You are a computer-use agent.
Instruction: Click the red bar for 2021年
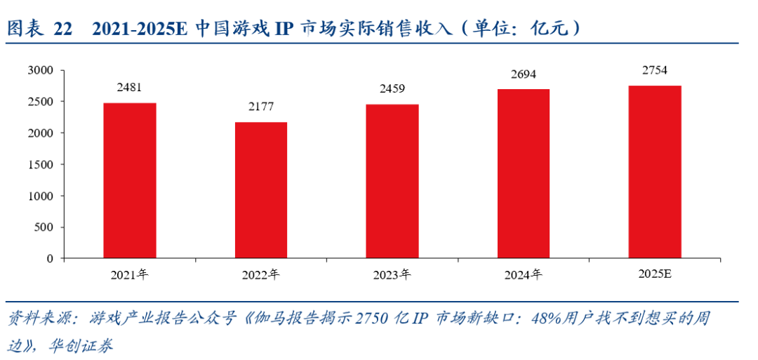(x=130, y=180)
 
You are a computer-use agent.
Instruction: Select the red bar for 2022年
(x=261, y=190)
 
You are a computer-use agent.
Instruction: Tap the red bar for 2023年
(x=392, y=181)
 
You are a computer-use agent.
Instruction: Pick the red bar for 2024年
(x=524, y=173)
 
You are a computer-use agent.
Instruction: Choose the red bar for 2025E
(x=655, y=171)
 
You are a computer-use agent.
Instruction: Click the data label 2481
(x=130, y=88)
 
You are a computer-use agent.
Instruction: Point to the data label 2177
(x=261, y=107)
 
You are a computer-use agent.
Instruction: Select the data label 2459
(x=392, y=89)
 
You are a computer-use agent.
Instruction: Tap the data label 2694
(x=524, y=74)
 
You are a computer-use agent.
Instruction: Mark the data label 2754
(x=655, y=70)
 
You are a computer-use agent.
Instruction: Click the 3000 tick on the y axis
(x=41, y=70)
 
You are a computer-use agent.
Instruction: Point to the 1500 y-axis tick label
(x=41, y=164)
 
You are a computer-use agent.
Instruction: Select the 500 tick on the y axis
(x=44, y=227)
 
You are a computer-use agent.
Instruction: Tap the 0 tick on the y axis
(x=51, y=258)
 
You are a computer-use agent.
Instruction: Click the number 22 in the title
(x=63, y=29)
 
